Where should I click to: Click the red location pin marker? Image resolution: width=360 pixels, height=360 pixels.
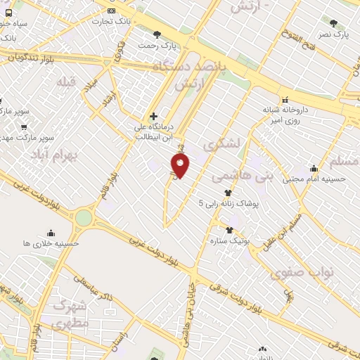coord(180,166)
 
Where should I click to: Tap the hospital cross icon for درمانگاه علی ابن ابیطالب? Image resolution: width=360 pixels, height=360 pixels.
coord(153,116)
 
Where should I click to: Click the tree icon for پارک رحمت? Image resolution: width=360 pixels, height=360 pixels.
coord(157,34)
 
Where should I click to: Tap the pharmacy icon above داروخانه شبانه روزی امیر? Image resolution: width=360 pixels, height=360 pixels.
coord(285,100)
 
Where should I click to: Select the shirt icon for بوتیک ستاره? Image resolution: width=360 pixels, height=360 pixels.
coord(229,230)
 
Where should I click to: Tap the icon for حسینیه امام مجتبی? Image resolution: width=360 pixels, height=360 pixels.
coord(314,169)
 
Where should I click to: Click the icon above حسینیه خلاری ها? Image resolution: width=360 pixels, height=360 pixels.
coord(51,233)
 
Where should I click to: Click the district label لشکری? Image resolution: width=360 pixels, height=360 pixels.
coord(221,143)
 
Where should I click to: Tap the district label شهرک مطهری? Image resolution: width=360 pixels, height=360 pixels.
coord(70,314)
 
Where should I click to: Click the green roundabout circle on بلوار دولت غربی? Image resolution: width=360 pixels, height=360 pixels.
coord(83,218)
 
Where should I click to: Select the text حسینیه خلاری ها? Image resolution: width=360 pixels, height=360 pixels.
coord(51,243)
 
